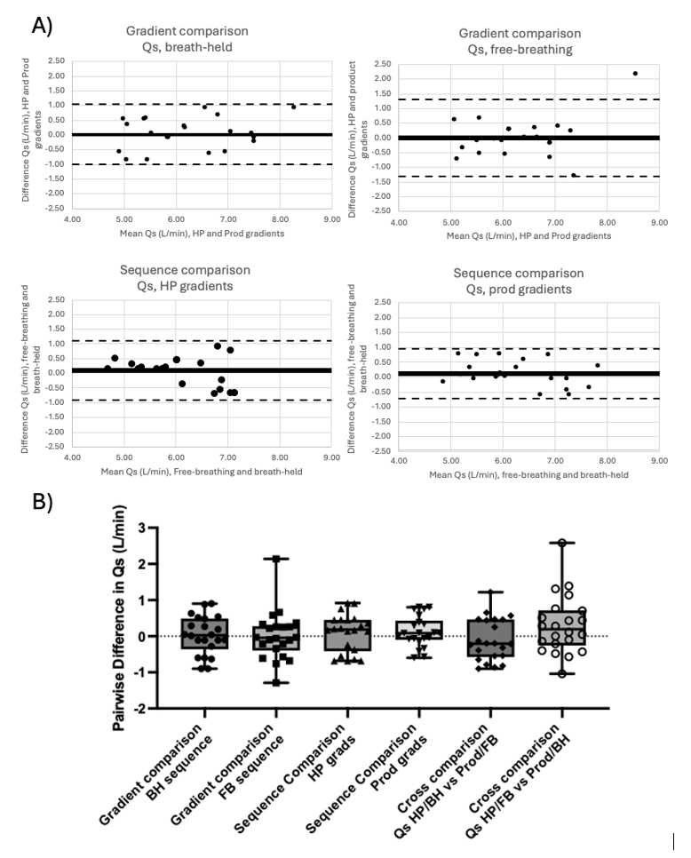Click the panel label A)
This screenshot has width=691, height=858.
[x=42, y=25]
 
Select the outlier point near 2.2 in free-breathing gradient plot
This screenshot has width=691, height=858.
[x=635, y=73]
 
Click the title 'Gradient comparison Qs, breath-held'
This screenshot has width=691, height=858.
[x=186, y=38]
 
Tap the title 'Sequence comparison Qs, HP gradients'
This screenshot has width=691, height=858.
[x=186, y=277]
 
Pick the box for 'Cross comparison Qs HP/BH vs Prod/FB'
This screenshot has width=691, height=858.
[x=490, y=638]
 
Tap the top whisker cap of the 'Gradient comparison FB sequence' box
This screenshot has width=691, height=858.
[x=276, y=559]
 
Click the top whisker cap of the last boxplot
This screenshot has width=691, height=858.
[x=561, y=542]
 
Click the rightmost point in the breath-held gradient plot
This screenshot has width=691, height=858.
[x=293, y=107]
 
